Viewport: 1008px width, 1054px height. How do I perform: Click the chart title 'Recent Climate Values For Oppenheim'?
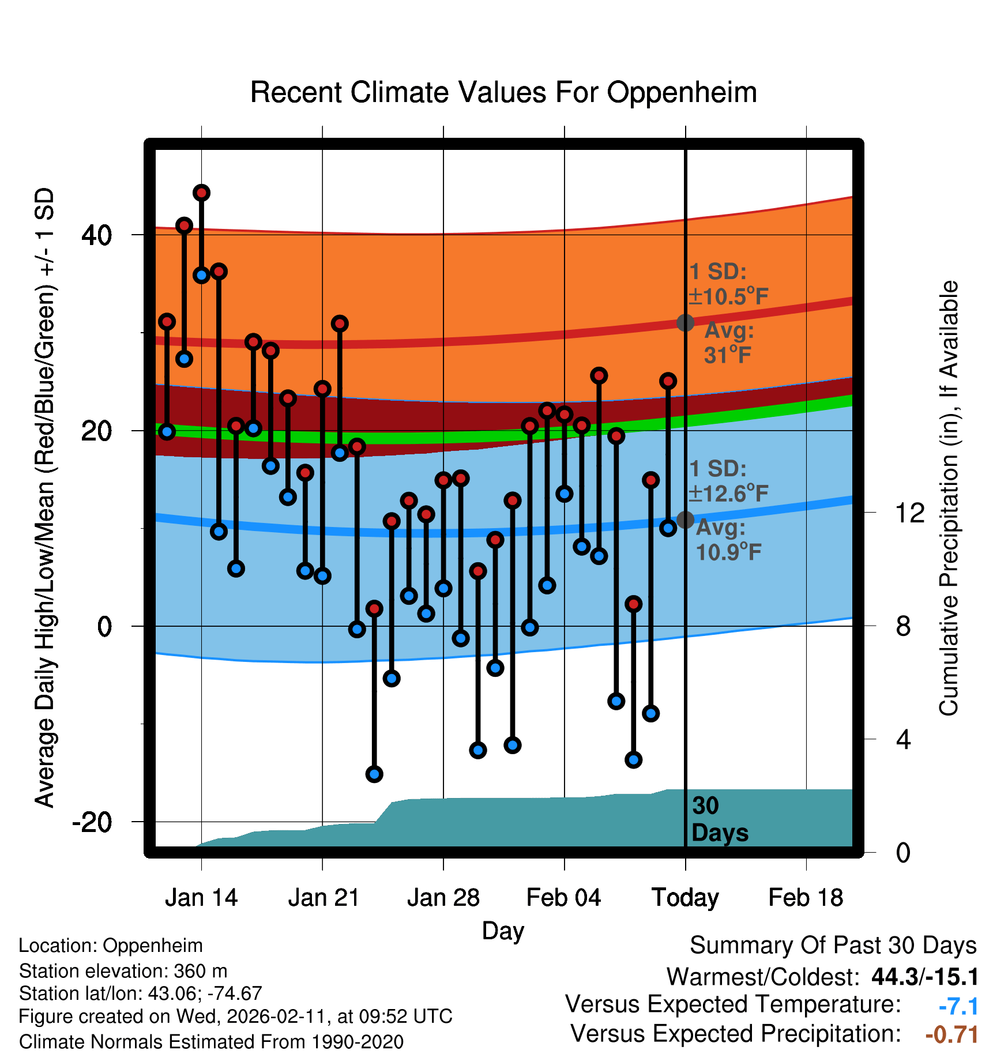click(x=503, y=92)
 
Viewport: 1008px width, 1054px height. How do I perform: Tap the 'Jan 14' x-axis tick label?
click(x=201, y=898)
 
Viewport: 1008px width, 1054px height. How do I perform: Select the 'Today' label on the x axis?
click(x=685, y=898)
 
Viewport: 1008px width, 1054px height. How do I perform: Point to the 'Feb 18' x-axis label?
click(x=806, y=898)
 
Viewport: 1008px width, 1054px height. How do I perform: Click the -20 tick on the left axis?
click(x=92, y=822)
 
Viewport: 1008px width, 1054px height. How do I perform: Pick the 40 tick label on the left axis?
click(x=97, y=235)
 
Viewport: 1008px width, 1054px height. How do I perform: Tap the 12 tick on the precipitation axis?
click(x=910, y=513)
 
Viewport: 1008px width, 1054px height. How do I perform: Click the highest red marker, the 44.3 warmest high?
click(x=201, y=193)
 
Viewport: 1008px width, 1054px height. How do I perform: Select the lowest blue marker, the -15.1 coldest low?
click(x=374, y=774)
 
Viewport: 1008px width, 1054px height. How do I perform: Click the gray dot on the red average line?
click(x=685, y=322)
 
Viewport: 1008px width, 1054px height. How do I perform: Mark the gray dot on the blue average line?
click(x=685, y=520)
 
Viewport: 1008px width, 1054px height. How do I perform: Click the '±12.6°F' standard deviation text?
click(x=729, y=494)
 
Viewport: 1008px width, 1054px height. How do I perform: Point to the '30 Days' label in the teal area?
click(x=719, y=819)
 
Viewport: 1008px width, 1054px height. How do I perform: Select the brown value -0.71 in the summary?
click(x=951, y=1034)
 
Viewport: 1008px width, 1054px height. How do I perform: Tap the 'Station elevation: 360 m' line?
click(x=123, y=971)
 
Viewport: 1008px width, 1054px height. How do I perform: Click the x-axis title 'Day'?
click(x=503, y=931)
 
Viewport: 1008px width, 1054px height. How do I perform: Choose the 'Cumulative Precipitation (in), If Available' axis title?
click(x=949, y=499)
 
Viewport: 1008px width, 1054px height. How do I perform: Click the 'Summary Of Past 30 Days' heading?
click(x=833, y=946)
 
